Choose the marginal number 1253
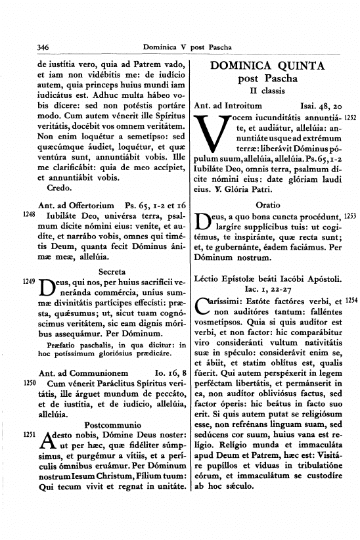pos(349,217)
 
